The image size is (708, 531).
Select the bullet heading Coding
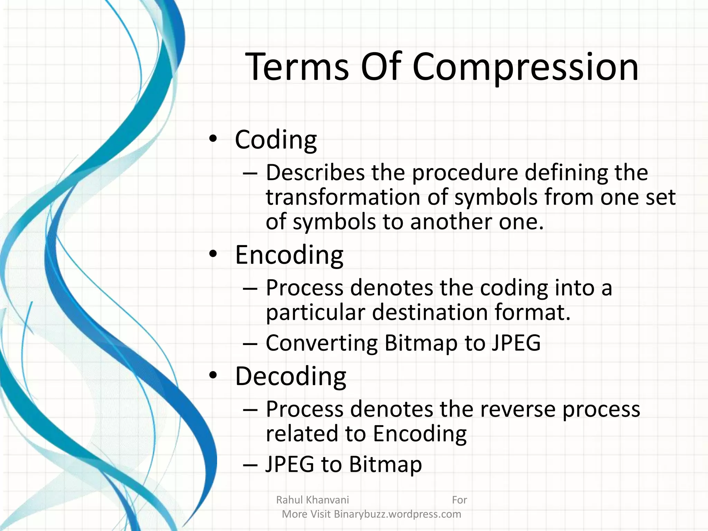click(x=276, y=140)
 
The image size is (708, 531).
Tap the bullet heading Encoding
click(x=289, y=255)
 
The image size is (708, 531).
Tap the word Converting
click(x=322, y=343)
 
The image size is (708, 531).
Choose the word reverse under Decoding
click(x=517, y=409)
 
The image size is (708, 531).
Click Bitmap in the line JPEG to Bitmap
click(x=385, y=464)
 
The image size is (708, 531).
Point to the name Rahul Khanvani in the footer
click(x=313, y=500)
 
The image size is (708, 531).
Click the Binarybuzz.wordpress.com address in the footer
click(x=397, y=514)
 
